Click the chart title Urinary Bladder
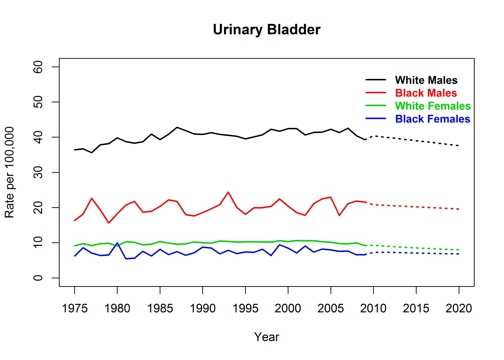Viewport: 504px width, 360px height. click(266, 30)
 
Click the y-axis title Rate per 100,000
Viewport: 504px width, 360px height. click(13, 172)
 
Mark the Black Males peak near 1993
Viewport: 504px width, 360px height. click(228, 192)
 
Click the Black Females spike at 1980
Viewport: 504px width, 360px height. click(117, 243)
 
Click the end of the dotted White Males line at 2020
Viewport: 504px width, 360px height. click(459, 146)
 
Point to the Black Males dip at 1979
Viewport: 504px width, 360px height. click(109, 222)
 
